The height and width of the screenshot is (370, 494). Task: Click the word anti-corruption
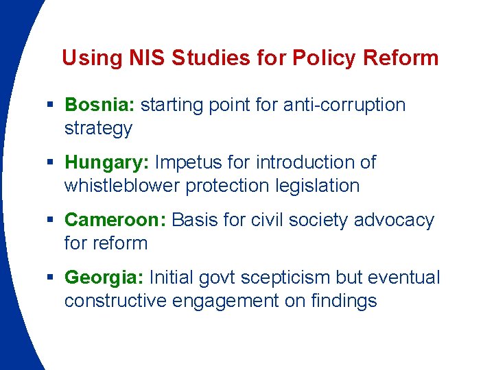(344, 105)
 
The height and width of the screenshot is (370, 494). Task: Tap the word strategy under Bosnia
(98, 128)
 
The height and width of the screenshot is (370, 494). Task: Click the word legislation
(318, 186)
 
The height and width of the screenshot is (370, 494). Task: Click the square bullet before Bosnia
(52, 105)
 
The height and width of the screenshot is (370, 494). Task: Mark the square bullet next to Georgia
(52, 277)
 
